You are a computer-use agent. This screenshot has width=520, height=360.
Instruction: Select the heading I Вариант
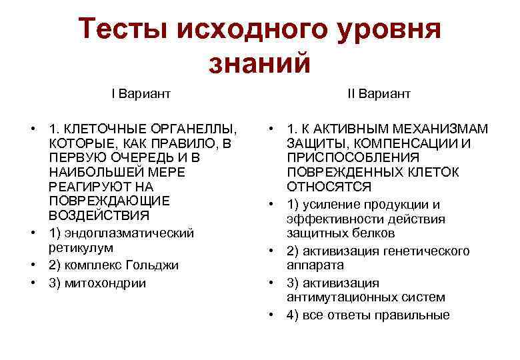[141, 94]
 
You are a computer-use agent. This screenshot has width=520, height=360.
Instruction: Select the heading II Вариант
[379, 94]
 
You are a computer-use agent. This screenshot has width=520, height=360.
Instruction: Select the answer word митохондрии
[106, 283]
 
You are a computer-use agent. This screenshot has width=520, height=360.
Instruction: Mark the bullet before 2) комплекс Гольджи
[32, 265]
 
